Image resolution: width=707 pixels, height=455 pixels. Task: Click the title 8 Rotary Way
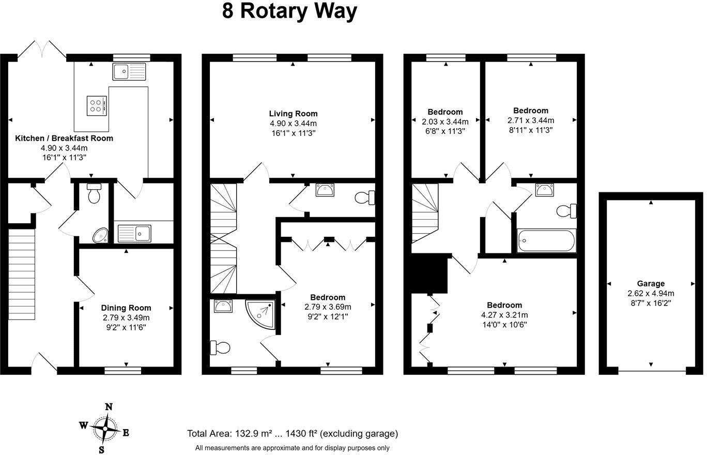289,11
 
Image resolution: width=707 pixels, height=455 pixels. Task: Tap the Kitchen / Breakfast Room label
64,139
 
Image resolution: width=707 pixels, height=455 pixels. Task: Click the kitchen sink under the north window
130,71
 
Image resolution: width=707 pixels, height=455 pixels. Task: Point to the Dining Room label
126,308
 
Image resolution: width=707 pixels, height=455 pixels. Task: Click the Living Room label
293,114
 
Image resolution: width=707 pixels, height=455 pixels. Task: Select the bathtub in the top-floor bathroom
546,240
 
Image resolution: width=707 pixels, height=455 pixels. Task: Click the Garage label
651,283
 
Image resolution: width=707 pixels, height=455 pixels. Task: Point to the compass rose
106,428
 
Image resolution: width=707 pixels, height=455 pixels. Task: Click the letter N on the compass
109,407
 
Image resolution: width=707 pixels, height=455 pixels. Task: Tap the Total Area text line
293,434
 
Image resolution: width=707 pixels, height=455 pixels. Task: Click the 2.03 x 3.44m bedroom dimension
445,122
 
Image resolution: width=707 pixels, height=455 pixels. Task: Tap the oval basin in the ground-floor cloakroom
100,236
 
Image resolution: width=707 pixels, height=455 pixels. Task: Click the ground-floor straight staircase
22,274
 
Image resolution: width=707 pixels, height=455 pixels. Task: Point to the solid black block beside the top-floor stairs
428,274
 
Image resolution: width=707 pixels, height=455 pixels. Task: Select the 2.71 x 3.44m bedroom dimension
531,120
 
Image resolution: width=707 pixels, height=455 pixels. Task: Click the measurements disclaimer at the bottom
292,448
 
